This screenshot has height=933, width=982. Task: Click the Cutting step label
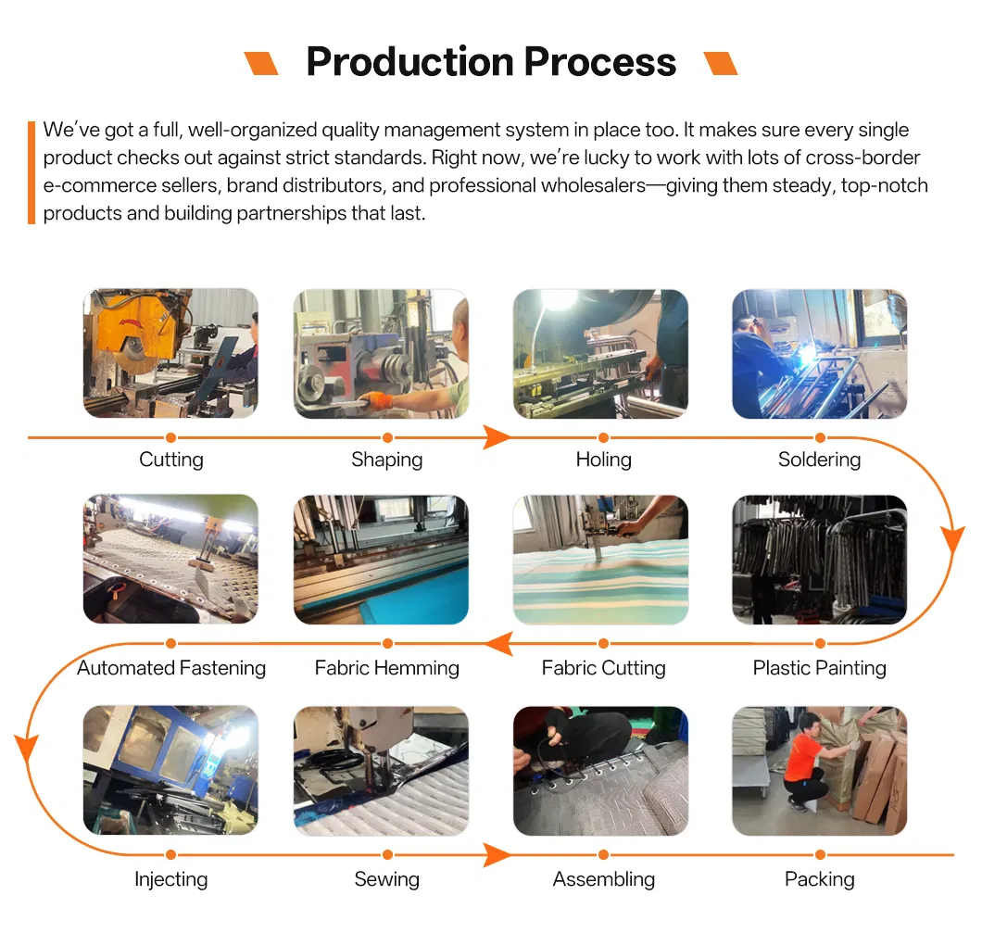171,460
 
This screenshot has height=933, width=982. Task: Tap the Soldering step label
819,460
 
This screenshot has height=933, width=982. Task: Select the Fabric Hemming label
387,668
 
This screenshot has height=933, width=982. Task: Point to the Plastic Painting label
819,668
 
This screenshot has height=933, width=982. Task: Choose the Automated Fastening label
171,668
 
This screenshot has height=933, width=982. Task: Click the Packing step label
819,879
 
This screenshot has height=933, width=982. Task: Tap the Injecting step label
171,879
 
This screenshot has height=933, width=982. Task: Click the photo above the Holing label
600,354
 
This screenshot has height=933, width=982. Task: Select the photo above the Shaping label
381,354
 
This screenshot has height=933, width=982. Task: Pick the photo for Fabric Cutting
600,560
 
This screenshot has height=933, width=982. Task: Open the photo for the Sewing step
381,771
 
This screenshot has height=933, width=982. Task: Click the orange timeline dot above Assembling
603,855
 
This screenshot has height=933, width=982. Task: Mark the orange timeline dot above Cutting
171,437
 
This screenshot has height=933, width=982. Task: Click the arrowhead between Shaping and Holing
497,437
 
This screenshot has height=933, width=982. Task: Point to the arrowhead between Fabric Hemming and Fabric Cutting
499,644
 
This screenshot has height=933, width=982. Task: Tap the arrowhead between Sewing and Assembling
497,855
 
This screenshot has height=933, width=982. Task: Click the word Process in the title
600,61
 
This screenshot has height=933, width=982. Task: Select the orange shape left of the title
261,63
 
